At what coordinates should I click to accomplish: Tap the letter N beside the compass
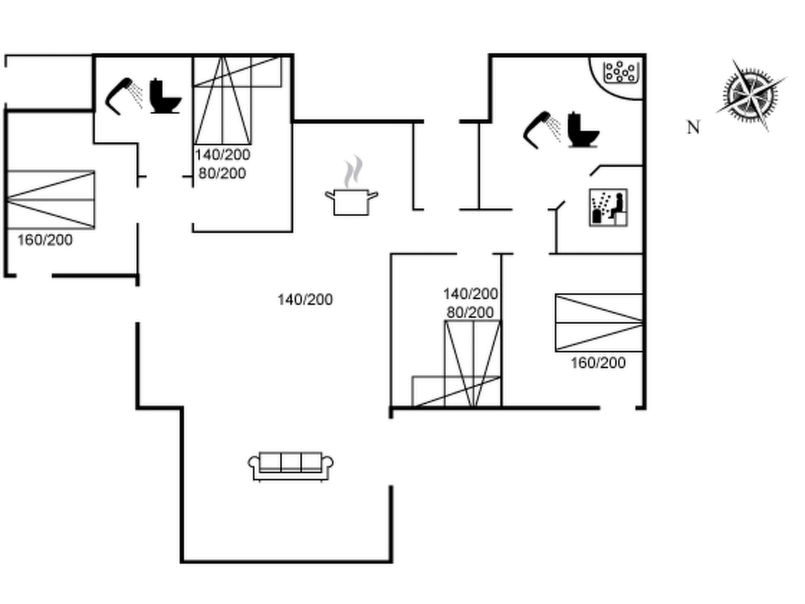pos(693,127)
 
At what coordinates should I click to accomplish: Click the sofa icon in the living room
pos(290,466)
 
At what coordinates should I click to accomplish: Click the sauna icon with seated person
pos(608,208)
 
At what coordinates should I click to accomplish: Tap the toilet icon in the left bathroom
pos(165,97)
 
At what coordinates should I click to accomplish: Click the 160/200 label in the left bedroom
pos(45,240)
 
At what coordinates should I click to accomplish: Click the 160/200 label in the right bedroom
pos(598,363)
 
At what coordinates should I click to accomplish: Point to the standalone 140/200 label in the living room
pos(305,300)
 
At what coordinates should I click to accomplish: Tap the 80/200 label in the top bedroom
pos(222,173)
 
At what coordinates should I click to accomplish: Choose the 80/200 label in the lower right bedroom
pos(470,313)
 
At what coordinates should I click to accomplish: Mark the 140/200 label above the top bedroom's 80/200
pos(222,155)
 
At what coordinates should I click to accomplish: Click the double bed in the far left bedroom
pos(51,200)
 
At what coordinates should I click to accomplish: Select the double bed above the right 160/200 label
pos(599,322)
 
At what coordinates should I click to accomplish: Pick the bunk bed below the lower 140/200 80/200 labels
pos(472,364)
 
